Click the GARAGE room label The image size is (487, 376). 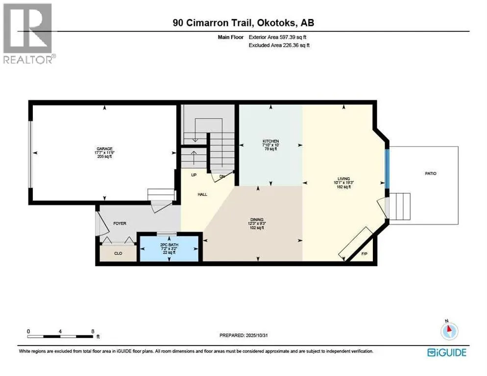pos(104,148)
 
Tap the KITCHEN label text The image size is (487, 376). pos(270,141)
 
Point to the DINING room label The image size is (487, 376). pos(257,219)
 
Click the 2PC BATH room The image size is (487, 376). pos(170,248)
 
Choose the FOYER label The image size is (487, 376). pos(120,223)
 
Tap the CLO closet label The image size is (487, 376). pos(118,253)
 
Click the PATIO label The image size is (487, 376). pos(431,173)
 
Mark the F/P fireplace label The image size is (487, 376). pos(364,254)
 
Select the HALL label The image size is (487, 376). pos(202,194)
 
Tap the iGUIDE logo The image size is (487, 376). pos(446,352)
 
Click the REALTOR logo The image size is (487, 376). pos(28,33)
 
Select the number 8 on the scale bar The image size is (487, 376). pos(93,331)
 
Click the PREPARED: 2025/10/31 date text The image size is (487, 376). pos(243,335)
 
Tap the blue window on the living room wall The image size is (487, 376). pos(387,169)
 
